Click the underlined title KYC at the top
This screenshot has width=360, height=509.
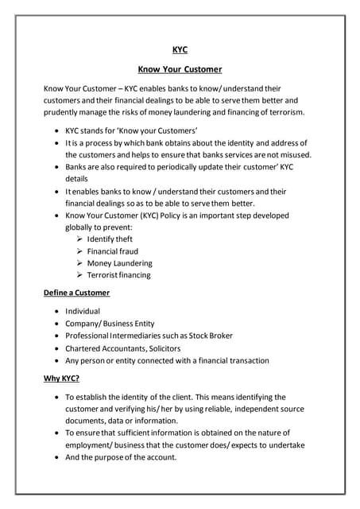(180, 49)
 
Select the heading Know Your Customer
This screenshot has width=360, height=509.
(180, 69)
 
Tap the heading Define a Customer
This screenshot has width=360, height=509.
(76, 293)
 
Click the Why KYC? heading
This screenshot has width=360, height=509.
(61, 378)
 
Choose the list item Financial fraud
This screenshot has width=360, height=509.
(113, 251)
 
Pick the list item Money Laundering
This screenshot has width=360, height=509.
(119, 263)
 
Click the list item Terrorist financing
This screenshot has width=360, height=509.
(118, 275)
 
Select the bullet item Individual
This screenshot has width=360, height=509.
(83, 312)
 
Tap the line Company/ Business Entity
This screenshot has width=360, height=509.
(110, 324)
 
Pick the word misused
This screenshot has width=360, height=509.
(292, 154)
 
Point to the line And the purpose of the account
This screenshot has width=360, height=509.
(121, 457)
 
